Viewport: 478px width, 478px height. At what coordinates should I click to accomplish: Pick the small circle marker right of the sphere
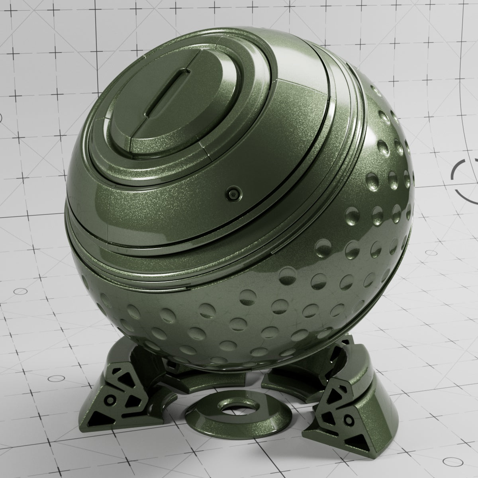431,253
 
